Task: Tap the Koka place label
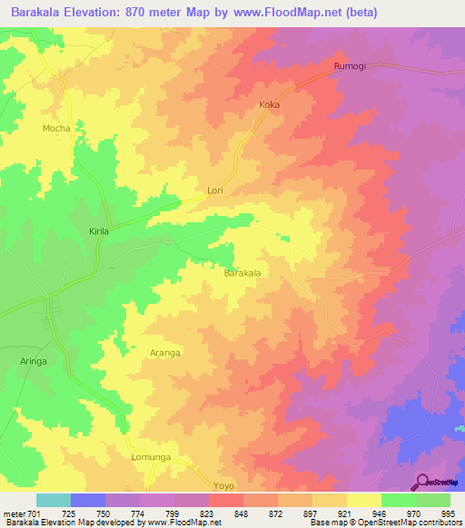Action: click(269, 105)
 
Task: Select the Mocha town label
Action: click(56, 129)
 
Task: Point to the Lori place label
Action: click(215, 191)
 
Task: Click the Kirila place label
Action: click(99, 232)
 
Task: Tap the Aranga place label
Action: click(165, 352)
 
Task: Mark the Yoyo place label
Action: click(224, 486)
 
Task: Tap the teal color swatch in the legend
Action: click(54, 500)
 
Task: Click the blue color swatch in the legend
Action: click(88, 500)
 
